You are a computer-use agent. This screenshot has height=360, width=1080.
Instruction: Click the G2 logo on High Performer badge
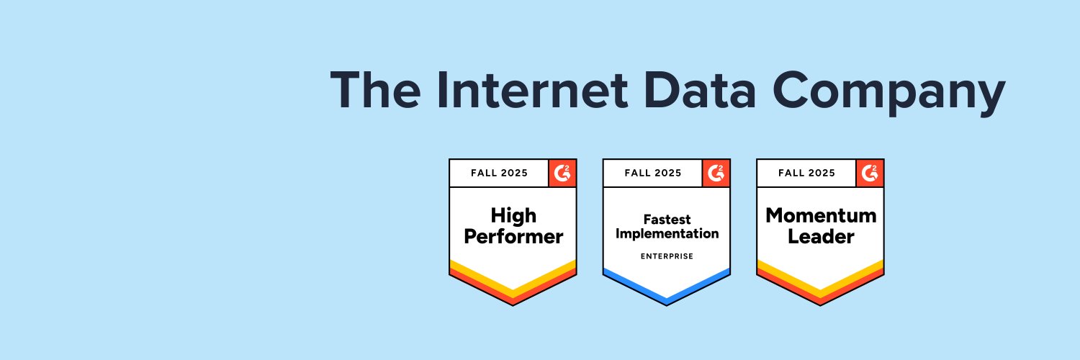pyautogui.click(x=562, y=173)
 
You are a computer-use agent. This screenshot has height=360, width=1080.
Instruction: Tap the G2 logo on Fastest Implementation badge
pyautogui.click(x=716, y=173)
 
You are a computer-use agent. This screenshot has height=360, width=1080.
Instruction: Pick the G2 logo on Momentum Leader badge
pyautogui.click(x=870, y=173)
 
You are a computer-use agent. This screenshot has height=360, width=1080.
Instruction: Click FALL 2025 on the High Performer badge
pyautogui.click(x=499, y=173)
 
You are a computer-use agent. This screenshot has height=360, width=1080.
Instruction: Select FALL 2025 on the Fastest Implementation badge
pyautogui.click(x=653, y=173)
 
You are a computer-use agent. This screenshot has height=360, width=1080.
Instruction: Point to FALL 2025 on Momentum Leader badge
pyautogui.click(x=807, y=173)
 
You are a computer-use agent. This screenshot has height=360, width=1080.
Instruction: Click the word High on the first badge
pyautogui.click(x=513, y=215)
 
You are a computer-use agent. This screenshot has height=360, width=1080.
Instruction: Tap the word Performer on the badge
pyautogui.click(x=513, y=236)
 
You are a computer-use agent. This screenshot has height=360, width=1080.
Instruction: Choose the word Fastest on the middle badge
pyautogui.click(x=667, y=218)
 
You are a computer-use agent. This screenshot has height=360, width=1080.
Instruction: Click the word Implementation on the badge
pyautogui.click(x=667, y=234)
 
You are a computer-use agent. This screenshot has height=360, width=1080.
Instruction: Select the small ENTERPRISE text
pyautogui.click(x=667, y=256)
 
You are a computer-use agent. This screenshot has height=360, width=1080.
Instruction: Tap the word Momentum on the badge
pyautogui.click(x=821, y=215)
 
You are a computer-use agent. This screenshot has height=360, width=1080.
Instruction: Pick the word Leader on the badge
pyautogui.click(x=821, y=235)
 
